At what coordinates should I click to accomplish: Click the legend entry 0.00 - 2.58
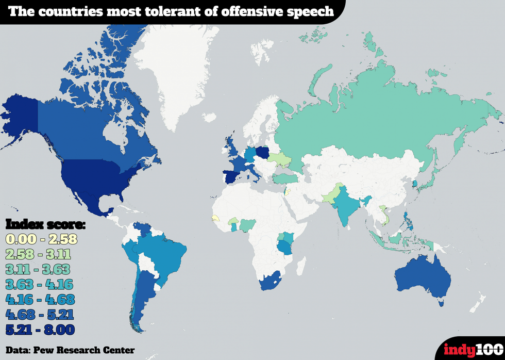tap(41, 239)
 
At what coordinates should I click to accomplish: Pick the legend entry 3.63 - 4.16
tap(40, 284)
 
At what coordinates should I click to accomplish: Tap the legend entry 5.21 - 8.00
tap(40, 329)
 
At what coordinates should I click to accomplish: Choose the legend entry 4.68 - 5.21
tap(40, 314)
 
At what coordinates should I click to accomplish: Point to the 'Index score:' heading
tap(45, 224)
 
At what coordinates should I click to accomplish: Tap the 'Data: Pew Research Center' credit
tap(70, 350)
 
